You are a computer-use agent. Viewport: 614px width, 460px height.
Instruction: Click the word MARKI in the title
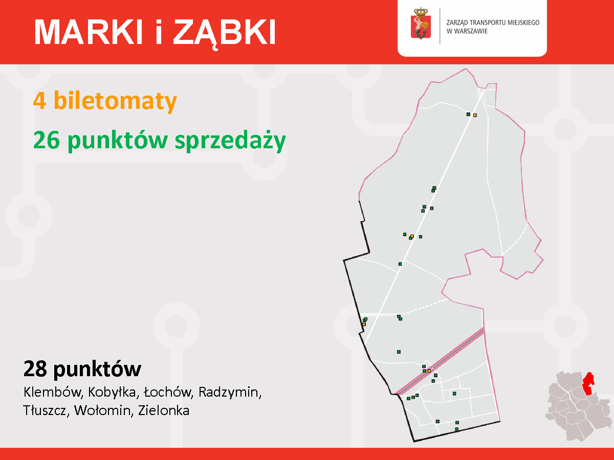coord(89,32)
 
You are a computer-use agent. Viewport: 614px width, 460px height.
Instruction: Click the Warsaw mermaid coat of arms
coord(421,24)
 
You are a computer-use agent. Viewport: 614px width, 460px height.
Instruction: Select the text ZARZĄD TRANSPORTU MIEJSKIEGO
coord(493,22)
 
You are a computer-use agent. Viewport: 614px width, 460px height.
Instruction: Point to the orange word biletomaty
coord(115,101)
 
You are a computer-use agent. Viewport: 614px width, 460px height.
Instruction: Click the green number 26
coord(47,140)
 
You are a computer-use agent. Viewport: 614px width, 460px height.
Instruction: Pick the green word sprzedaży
coord(230,141)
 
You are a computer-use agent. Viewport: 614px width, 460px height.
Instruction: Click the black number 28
coord(35,369)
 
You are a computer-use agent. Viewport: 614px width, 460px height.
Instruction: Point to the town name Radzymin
coord(230,393)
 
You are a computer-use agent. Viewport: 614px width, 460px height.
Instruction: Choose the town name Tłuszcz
coord(46,410)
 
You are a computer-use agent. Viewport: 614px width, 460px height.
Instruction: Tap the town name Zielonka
coord(164,410)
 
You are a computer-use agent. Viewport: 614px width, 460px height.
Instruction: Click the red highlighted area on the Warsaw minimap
coord(588,383)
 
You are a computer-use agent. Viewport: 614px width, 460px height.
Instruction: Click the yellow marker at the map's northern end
coord(475,115)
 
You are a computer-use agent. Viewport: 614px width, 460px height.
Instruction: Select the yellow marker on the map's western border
coord(364,324)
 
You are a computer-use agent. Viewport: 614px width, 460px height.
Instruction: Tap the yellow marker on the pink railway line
coord(429,371)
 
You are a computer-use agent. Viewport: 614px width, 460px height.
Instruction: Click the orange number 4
coord(40,101)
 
